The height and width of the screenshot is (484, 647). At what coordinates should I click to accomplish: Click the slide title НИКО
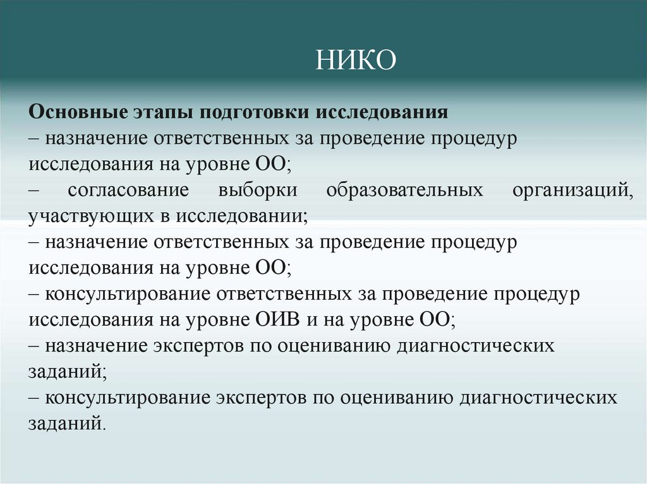click(x=356, y=61)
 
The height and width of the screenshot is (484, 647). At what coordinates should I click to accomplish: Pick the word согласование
click(x=126, y=190)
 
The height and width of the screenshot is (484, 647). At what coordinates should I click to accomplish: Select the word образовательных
click(x=405, y=190)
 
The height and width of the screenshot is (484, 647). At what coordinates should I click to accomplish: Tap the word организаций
click(x=571, y=190)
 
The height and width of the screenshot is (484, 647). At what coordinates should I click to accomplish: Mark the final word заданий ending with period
click(x=66, y=423)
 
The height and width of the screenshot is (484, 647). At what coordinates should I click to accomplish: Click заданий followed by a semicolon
click(x=66, y=372)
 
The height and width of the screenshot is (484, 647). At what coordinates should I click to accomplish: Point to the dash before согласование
click(x=34, y=191)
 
